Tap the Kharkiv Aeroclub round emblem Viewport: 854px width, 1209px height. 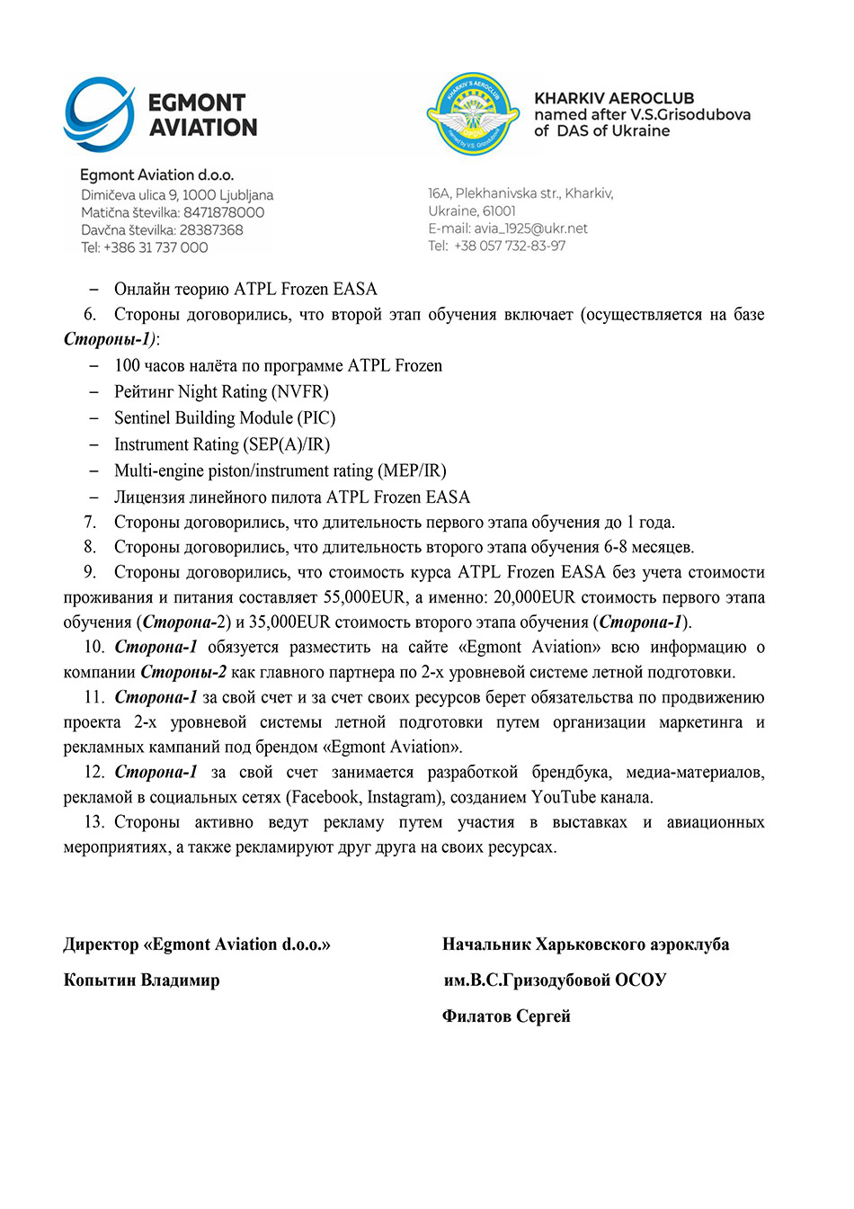[x=473, y=115]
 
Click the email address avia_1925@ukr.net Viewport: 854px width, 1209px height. [x=530, y=228]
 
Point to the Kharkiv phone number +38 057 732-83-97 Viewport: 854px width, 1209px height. [x=510, y=246]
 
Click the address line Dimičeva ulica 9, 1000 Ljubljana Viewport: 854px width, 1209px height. [x=177, y=195]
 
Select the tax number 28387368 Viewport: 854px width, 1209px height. [x=211, y=230]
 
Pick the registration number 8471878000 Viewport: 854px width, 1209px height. [x=224, y=212]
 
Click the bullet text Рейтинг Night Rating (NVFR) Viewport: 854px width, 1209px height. [x=221, y=391]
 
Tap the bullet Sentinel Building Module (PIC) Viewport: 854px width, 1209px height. [x=225, y=417]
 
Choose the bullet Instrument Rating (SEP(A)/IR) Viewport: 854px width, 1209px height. [x=222, y=444]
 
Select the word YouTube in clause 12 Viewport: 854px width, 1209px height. [x=564, y=797]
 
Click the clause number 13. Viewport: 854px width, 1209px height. [x=93, y=822]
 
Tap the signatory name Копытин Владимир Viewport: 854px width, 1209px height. [x=141, y=980]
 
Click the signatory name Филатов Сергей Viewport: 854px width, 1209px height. [x=506, y=1016]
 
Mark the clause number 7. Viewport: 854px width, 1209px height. [x=90, y=523]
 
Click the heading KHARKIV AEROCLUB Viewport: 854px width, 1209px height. [x=614, y=98]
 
